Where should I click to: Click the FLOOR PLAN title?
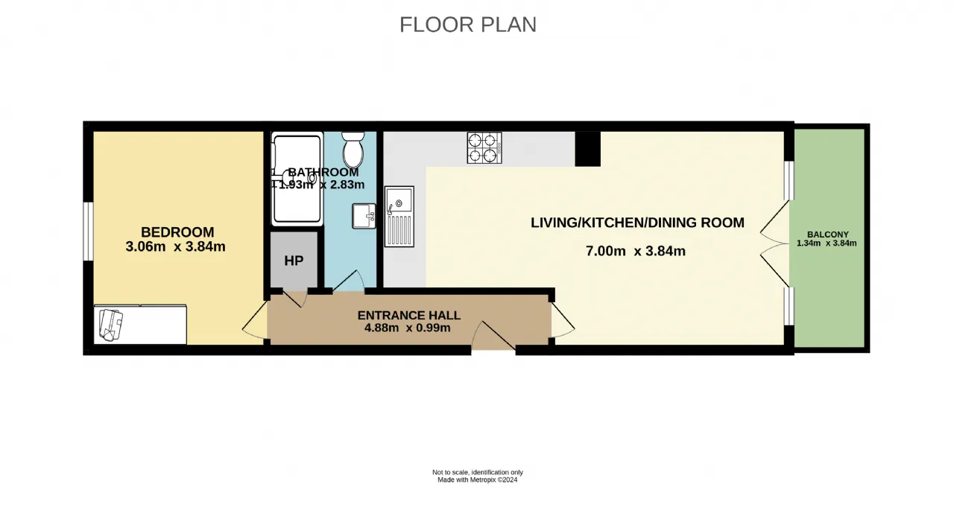467,25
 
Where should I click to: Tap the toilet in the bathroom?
353,150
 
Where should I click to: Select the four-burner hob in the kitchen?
484,147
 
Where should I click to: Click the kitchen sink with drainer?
399,217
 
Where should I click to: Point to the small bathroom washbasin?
364,216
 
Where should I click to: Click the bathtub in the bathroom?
297,179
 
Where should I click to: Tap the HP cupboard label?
294,261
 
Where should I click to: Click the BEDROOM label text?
177,232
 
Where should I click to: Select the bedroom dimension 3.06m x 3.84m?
175,246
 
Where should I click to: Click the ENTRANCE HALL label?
409,316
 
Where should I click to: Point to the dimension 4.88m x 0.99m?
408,328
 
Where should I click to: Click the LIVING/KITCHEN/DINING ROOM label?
637,223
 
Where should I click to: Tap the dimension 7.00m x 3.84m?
636,251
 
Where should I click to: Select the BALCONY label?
828,235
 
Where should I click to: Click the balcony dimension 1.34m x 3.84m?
827,243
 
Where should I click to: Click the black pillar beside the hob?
588,149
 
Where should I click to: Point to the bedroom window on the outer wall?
88,231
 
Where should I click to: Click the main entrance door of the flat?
494,336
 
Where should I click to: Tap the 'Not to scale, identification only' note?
478,472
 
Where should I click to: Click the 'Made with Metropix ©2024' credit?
478,479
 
